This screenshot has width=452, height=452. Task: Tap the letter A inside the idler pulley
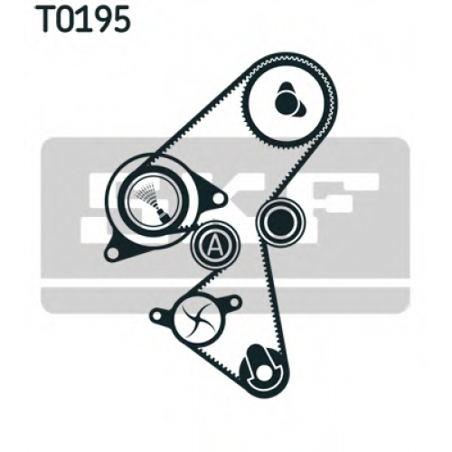tap(214, 245)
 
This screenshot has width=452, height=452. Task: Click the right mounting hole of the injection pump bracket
tap(219, 198)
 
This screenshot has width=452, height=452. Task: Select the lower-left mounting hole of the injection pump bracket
tap(112, 253)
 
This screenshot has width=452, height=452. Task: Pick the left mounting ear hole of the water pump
tap(155, 315)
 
